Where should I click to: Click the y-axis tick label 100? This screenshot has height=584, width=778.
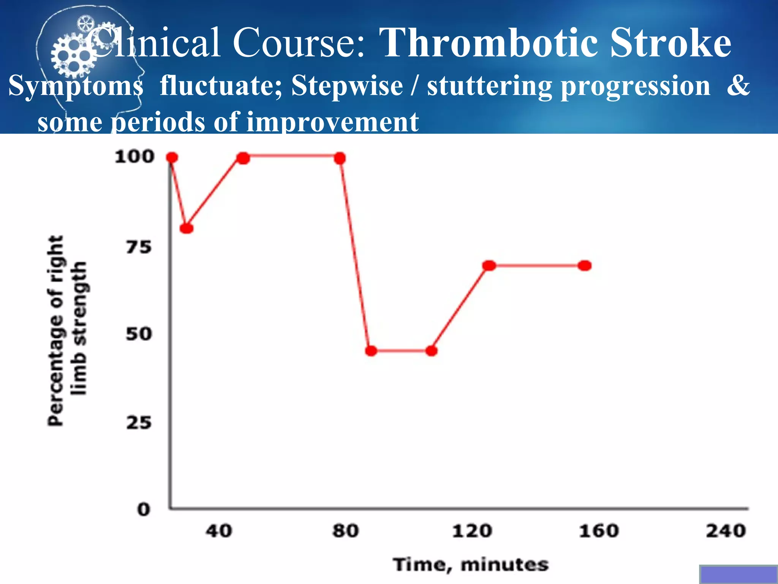(x=134, y=157)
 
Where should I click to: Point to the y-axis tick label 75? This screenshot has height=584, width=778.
(x=139, y=248)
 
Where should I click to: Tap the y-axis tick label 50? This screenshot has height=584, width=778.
(x=139, y=334)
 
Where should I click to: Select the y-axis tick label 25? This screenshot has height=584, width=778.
(x=139, y=423)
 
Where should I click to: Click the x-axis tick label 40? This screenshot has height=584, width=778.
(x=219, y=531)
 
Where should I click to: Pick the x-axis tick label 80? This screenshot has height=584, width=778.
(x=345, y=531)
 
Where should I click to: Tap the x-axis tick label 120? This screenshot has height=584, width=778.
(x=472, y=531)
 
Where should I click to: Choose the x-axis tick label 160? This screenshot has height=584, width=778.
(x=599, y=531)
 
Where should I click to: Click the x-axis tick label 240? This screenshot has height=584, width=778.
(x=726, y=531)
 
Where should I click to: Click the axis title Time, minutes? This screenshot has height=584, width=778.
(x=471, y=565)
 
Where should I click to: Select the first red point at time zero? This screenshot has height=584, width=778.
(x=172, y=157)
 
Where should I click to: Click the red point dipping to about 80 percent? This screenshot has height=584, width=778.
(x=187, y=229)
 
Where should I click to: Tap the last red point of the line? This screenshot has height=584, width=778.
(x=585, y=265)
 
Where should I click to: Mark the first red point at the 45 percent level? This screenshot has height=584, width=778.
(x=371, y=351)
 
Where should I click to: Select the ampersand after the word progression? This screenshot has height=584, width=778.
(x=738, y=85)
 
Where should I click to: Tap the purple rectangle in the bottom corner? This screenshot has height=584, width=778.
(x=738, y=574)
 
